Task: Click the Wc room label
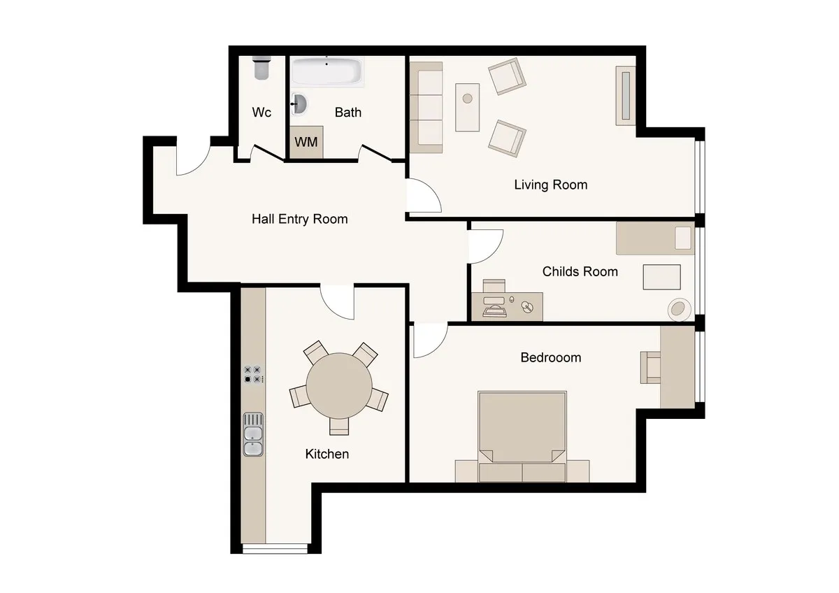(x=261, y=112)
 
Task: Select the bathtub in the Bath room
(x=327, y=71)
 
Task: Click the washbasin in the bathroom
(x=299, y=103)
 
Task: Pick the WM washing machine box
(x=306, y=142)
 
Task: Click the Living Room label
(x=551, y=185)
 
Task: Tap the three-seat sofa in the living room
(x=426, y=108)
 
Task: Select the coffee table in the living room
(x=468, y=108)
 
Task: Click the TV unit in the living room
(x=626, y=96)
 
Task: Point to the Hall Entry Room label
(x=300, y=219)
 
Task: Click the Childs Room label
(x=580, y=271)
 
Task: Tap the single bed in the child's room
(x=655, y=238)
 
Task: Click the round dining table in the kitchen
(x=339, y=386)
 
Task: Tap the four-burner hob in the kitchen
(x=252, y=374)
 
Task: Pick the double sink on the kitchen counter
(x=253, y=434)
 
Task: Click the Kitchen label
(x=327, y=454)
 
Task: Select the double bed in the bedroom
(x=522, y=436)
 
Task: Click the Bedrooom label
(x=551, y=357)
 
